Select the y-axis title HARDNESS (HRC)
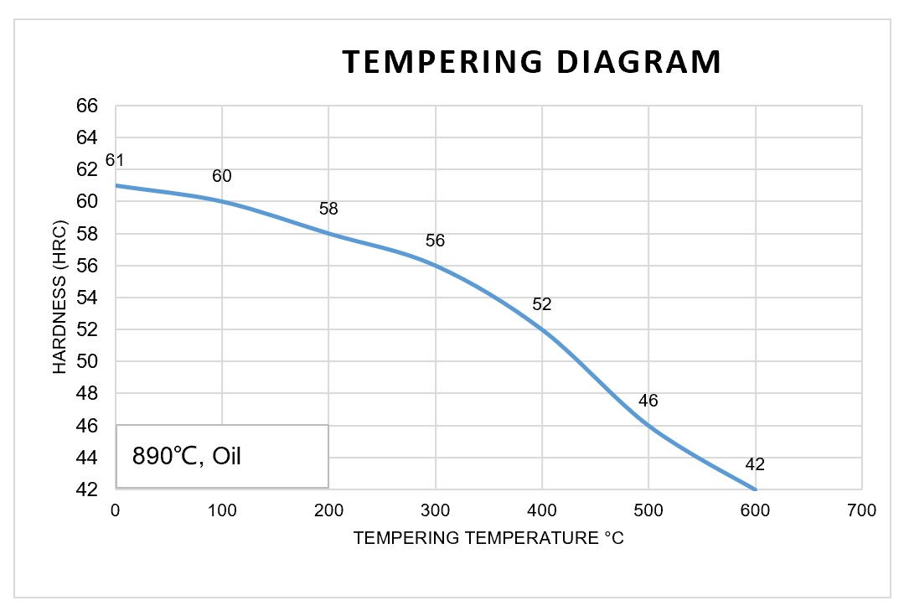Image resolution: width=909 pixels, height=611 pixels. pos(59,298)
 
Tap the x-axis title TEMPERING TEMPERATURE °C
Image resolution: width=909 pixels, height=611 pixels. pos(488,538)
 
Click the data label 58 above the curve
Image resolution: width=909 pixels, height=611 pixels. pos(328,210)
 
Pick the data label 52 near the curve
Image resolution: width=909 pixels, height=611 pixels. pos(542,304)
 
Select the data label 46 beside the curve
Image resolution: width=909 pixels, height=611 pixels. pos(648,401)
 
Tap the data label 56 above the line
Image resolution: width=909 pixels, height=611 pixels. pos(435,241)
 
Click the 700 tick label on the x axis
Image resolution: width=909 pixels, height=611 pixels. pos(862,510)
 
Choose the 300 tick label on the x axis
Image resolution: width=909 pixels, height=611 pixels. pos(435,510)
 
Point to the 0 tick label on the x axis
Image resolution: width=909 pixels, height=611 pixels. pos(116,510)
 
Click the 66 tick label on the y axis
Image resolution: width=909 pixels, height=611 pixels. pos(87,106)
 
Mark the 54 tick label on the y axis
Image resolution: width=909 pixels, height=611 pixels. pos(87,298)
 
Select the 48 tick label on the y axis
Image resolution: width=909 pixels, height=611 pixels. pos(87,393)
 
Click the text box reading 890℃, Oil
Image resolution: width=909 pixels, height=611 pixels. pos(222,456)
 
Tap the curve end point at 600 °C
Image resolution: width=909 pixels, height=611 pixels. pos(755,489)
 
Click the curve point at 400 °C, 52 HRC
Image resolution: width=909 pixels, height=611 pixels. pos(542,329)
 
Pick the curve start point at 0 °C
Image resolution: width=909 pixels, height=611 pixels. pos(116,185)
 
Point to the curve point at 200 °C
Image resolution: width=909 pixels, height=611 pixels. pos(328,233)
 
